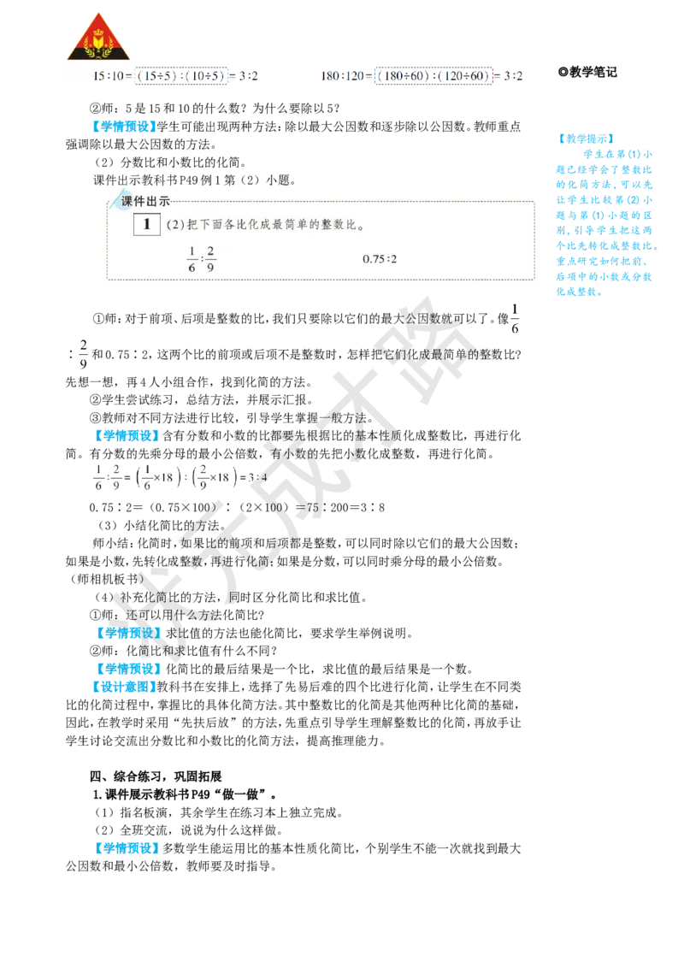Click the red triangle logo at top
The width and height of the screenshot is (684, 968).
[x=99, y=38]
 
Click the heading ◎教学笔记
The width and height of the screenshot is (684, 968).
[x=587, y=72]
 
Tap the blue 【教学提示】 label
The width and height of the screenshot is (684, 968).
[x=586, y=139]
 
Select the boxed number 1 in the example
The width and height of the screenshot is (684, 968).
[x=147, y=224]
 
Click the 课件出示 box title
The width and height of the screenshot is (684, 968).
[x=145, y=201]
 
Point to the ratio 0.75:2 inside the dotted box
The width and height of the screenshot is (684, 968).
[x=380, y=258]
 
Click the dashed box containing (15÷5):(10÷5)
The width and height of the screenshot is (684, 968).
[x=181, y=76]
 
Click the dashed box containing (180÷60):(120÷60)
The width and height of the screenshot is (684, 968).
[x=434, y=76]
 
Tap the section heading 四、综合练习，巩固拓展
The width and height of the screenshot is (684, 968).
[x=156, y=776]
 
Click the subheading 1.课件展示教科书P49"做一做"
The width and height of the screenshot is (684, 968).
[x=185, y=794]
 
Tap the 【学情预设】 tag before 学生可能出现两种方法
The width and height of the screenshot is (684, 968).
[x=123, y=127]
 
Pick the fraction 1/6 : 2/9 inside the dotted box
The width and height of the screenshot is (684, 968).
[x=201, y=258]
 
